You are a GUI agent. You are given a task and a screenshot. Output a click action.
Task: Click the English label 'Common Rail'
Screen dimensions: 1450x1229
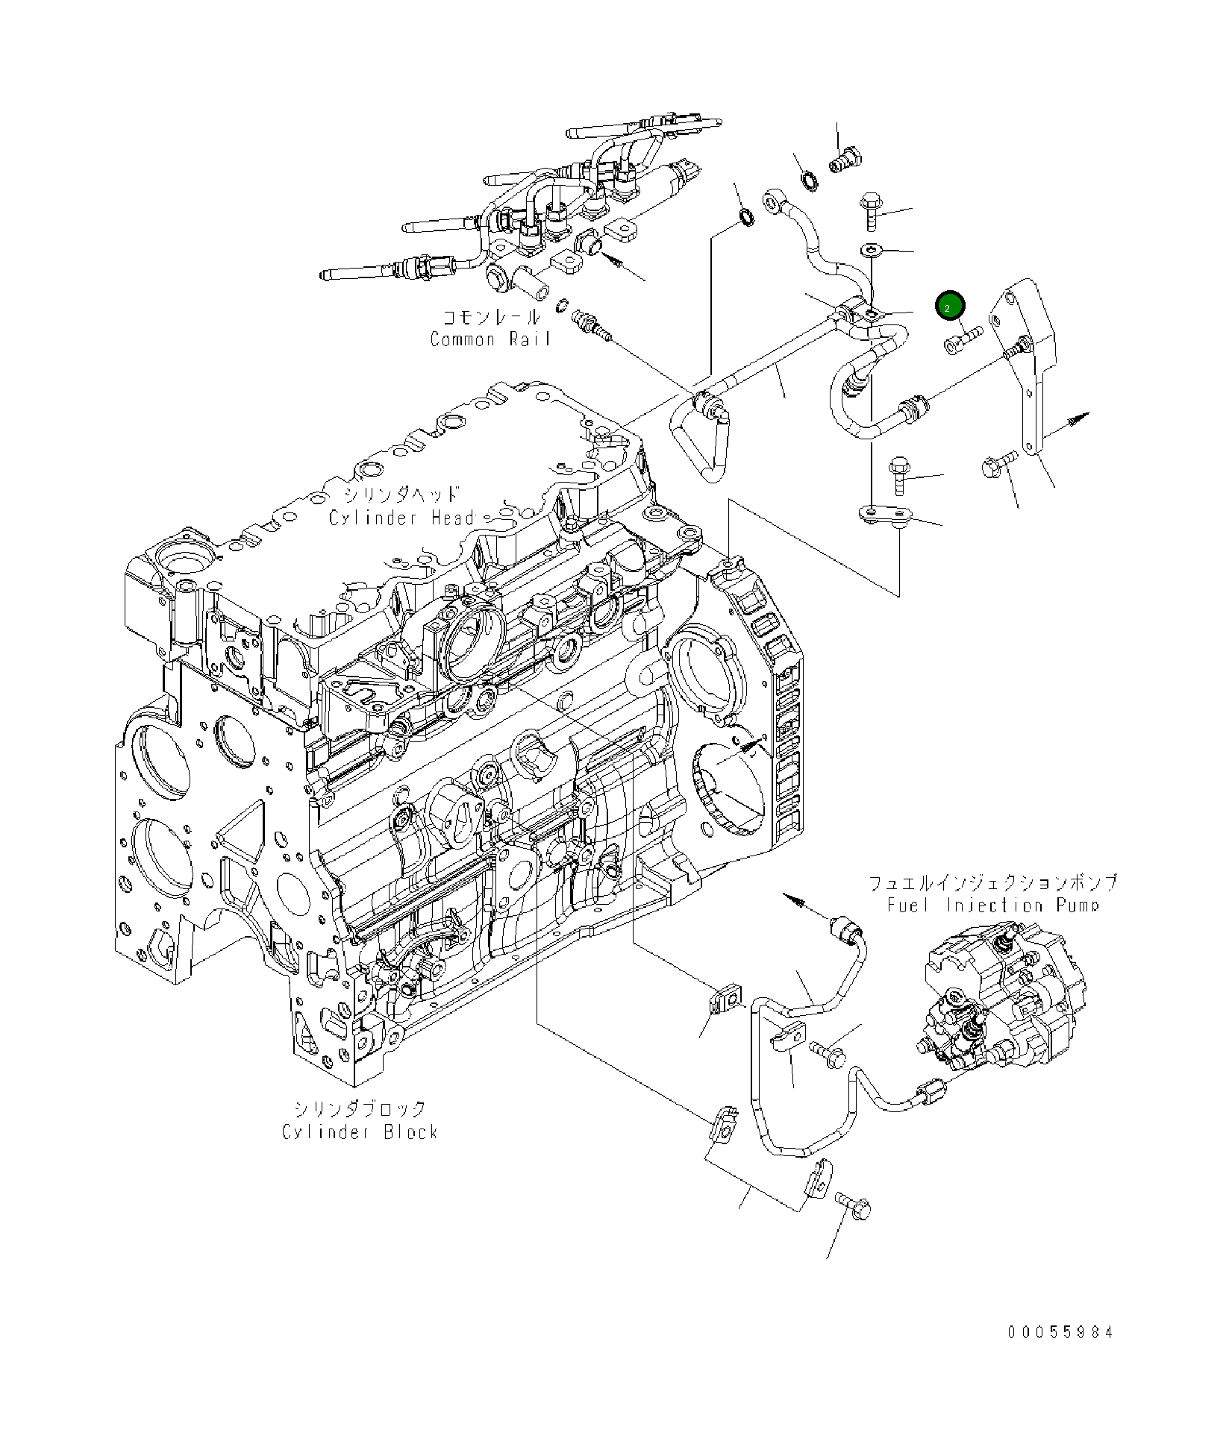(490, 339)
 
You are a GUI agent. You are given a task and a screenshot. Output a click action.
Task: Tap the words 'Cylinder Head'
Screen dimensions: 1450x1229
(403, 518)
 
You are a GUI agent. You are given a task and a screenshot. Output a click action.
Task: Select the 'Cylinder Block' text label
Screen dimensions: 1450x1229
(360, 1132)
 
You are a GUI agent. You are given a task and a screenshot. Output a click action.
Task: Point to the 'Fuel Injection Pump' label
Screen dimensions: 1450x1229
(993, 906)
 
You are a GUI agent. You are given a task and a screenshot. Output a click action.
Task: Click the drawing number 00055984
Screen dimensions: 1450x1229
(1060, 1332)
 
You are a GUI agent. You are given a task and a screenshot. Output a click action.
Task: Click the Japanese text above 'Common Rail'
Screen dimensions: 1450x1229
(491, 317)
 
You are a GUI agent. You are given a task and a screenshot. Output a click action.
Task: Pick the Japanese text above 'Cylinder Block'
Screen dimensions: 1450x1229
(360, 1109)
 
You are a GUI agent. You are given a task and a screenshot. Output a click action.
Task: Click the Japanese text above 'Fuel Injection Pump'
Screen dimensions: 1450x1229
(993, 882)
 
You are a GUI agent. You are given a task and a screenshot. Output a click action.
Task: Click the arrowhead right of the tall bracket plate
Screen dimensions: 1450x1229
(1080, 417)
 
